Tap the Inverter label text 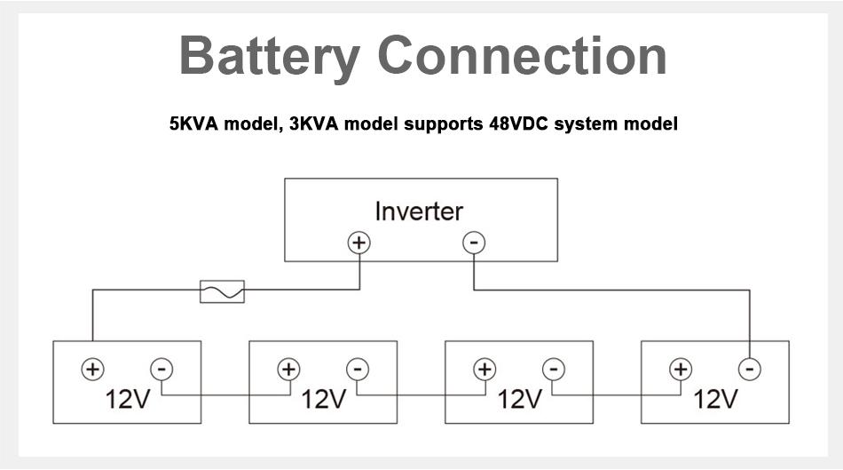[x=419, y=211]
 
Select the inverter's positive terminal [x=358, y=242]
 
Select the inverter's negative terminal [x=475, y=242]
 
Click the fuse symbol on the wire [x=222, y=291]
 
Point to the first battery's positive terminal [x=92, y=369]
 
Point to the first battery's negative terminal [x=161, y=369]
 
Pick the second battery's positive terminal [x=288, y=369]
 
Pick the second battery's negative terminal [x=357, y=369]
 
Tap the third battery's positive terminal [x=485, y=369]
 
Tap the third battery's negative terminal [x=553, y=369]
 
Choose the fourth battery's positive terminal [x=681, y=369]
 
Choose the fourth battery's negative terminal [x=750, y=369]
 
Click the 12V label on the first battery [x=127, y=399]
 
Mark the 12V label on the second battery [x=323, y=399]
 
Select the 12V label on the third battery [x=519, y=399]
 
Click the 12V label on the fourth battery [x=715, y=399]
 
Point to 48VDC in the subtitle [x=517, y=124]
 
